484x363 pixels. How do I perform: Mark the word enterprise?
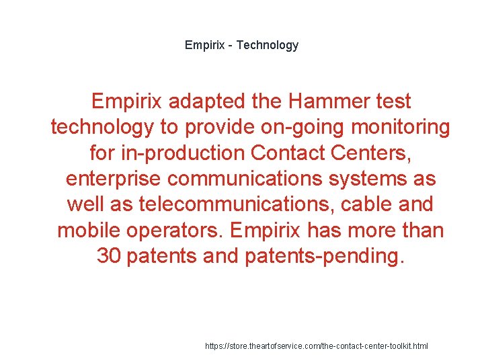click(114, 179)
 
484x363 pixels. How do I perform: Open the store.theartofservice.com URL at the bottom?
click(316, 346)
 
